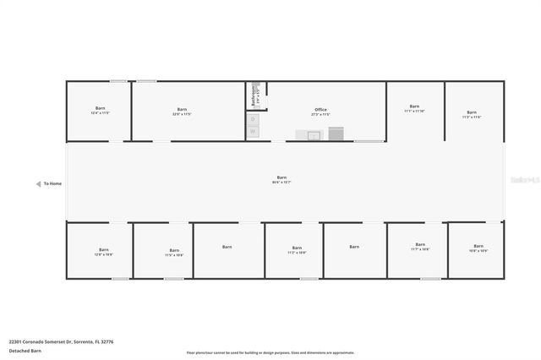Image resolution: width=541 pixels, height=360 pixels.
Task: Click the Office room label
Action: click(320, 111)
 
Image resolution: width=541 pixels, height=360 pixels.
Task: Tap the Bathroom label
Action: click(254, 95)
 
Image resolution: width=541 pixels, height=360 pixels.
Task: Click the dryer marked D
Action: click(253, 119)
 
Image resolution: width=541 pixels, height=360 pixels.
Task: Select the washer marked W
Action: click(253, 131)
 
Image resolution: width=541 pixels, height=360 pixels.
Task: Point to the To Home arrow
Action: click(39, 183)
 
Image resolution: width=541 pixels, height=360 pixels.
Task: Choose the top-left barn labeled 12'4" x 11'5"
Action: click(101, 112)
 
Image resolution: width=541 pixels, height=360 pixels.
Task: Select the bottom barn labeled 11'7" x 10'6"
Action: click(420, 249)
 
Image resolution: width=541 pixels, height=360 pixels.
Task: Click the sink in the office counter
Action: click(314, 134)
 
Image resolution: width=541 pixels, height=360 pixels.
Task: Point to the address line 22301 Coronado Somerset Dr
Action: click(61, 342)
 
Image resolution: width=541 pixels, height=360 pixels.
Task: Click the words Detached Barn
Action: click(25, 350)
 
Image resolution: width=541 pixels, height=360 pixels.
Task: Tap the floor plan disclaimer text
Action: click(270, 352)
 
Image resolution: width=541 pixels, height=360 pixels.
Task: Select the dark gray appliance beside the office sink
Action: click(336, 134)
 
